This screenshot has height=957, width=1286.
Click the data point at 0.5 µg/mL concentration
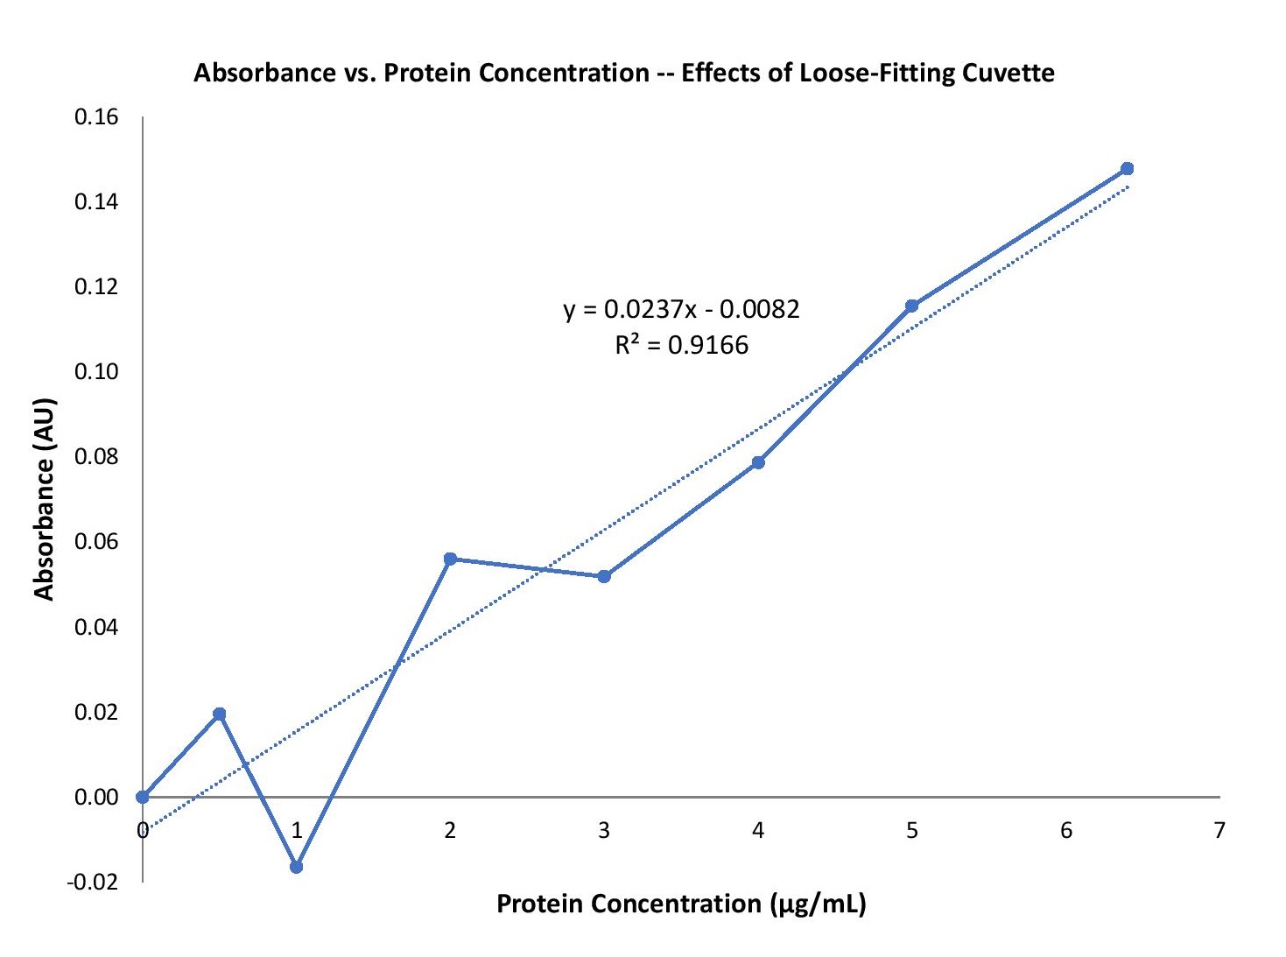[x=220, y=714]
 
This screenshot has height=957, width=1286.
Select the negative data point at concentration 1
[x=296, y=867]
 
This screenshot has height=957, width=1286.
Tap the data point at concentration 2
[x=450, y=559]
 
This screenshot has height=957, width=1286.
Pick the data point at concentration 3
[x=604, y=576]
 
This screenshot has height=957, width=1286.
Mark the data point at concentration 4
[x=758, y=462]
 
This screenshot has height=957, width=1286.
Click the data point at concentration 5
[x=911, y=306]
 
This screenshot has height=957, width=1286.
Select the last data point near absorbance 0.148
[x=1127, y=168]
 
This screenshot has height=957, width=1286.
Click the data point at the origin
[x=143, y=797]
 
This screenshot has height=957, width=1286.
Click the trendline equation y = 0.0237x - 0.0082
[x=681, y=309]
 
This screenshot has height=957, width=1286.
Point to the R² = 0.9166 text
[x=681, y=345]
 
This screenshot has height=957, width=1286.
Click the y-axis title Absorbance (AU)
[x=45, y=499]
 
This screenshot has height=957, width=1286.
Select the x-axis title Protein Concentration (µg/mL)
[x=681, y=904]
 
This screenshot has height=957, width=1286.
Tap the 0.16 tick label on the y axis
[x=96, y=117]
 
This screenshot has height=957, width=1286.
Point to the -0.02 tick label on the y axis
[x=93, y=882]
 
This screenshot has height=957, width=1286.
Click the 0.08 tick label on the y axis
[x=96, y=457]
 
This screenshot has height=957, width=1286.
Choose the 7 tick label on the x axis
[x=1219, y=830]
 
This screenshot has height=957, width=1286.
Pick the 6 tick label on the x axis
[x=1065, y=830]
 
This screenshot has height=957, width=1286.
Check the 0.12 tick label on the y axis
[x=96, y=287]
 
